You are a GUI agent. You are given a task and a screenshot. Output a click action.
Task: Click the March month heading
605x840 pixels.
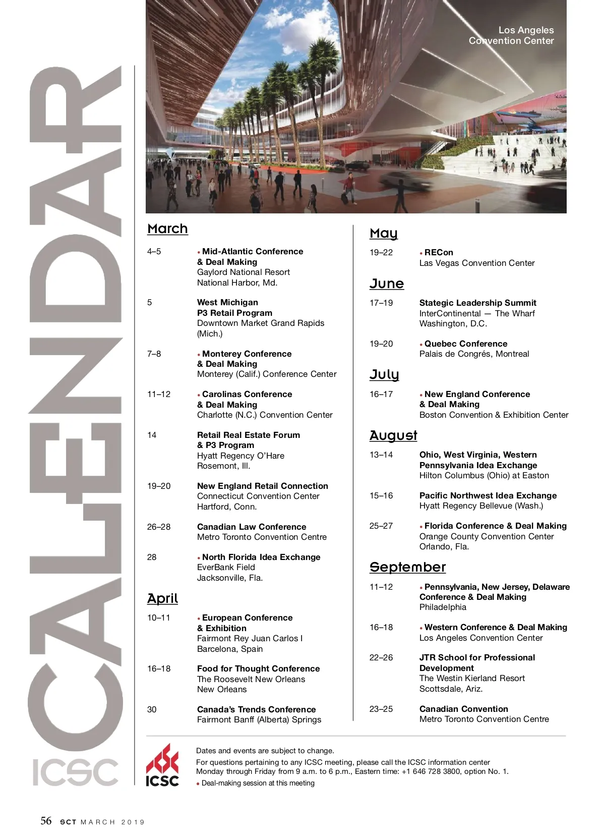(x=167, y=229)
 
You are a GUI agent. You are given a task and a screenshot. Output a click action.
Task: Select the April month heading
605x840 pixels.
(x=162, y=599)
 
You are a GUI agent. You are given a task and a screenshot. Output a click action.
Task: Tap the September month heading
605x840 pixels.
(x=407, y=568)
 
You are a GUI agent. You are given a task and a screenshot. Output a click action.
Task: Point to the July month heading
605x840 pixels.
(x=384, y=375)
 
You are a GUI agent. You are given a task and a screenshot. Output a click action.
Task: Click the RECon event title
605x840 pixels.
(x=439, y=252)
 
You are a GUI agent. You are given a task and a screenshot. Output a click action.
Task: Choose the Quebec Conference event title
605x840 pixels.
(x=466, y=344)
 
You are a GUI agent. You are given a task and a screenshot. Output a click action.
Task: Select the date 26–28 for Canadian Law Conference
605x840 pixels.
(x=159, y=527)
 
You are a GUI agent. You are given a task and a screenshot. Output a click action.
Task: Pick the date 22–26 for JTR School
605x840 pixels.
(x=381, y=657)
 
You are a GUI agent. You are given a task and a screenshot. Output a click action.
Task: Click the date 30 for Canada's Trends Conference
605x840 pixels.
(x=152, y=709)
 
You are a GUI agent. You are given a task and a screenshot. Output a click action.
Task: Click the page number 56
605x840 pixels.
(x=46, y=821)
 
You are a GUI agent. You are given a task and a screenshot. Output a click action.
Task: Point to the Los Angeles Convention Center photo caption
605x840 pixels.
(x=511, y=35)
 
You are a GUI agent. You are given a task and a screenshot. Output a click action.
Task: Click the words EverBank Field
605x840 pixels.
(x=226, y=567)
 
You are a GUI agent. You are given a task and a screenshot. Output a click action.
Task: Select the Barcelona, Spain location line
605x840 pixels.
(x=230, y=649)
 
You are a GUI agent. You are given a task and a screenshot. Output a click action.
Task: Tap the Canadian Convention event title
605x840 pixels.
(x=463, y=709)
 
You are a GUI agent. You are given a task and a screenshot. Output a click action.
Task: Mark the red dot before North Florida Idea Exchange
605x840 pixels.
(x=199, y=558)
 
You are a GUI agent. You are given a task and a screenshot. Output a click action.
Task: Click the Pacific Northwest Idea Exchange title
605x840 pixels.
(x=488, y=495)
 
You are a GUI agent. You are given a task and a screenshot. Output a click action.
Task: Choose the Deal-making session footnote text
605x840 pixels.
(x=258, y=783)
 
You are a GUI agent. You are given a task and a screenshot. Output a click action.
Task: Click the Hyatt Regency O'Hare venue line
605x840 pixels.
(x=240, y=456)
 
